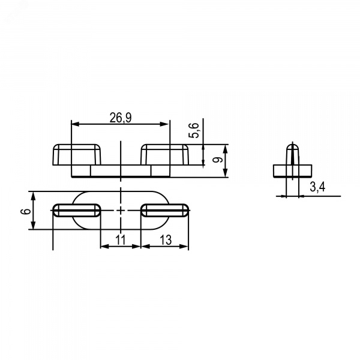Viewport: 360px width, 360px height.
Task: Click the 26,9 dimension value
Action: [x=121, y=118]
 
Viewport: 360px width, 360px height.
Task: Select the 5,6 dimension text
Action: [x=194, y=130]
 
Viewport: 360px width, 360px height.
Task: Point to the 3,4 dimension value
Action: [x=317, y=187]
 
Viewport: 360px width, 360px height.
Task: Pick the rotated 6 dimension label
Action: [x=26, y=211]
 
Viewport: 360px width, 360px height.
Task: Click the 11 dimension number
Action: [x=121, y=240]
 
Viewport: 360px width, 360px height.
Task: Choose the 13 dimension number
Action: [x=166, y=240]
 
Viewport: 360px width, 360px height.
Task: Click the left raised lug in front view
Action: [x=77, y=155]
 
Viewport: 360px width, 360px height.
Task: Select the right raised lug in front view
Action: [x=164, y=155]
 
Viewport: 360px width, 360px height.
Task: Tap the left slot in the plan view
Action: [x=77, y=211]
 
